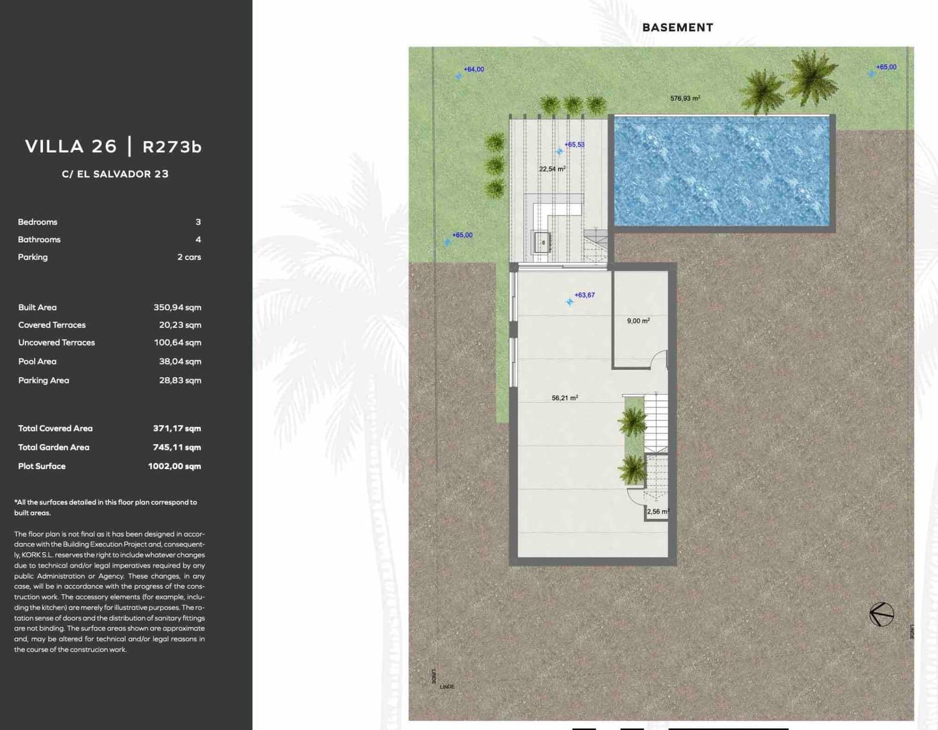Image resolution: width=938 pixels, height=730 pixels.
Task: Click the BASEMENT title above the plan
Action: pos(677,27)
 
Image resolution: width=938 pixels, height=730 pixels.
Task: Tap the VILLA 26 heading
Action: pos(71,147)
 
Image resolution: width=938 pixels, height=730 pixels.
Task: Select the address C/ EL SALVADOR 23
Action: pos(115,174)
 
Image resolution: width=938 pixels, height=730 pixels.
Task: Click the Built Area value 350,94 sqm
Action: pos(177,308)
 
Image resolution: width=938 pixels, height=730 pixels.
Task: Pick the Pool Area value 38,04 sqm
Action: pos(179,361)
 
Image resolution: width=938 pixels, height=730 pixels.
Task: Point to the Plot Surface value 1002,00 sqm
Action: pos(174,467)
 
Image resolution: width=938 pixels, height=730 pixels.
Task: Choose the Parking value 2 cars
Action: pos(189,257)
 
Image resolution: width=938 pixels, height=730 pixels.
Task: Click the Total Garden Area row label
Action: pos(54,447)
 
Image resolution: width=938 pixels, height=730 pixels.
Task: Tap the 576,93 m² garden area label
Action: pos(685,99)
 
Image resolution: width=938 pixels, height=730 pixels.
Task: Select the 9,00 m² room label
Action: pos(638,321)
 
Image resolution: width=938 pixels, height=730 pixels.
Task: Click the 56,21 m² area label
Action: pos(565,398)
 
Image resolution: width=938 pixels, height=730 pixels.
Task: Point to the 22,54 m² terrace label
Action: pos(552,169)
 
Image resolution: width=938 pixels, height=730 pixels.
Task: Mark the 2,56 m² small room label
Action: pos(657,512)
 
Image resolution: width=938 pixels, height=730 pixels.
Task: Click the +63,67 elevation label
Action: pos(585,295)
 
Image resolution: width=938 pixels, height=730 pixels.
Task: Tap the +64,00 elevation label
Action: pos(474,69)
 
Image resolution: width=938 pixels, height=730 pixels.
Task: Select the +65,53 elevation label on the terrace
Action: pos(574,145)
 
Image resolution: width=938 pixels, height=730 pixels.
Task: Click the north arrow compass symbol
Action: pos(881,614)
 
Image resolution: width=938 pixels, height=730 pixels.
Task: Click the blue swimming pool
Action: pos(721,172)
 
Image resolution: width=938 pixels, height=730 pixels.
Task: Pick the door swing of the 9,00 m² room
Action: pos(659,360)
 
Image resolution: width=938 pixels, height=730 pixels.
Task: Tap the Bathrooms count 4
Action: pos(198,240)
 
